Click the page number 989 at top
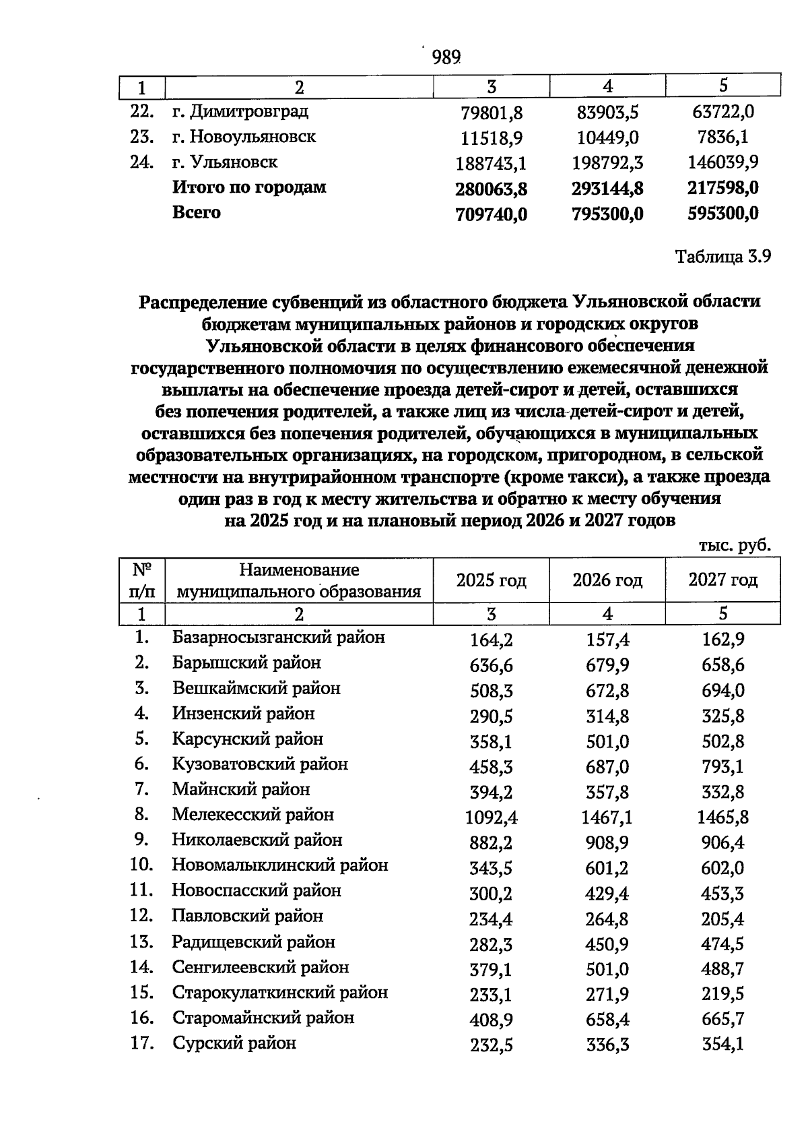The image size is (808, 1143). click(446, 57)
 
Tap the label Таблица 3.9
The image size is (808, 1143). click(722, 257)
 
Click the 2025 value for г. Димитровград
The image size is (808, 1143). click(492, 113)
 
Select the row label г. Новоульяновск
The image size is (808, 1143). click(244, 137)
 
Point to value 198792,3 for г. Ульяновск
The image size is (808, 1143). click(607, 163)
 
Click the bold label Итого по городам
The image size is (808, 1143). click(249, 187)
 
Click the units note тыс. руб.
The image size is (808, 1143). click(734, 545)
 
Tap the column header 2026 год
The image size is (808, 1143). click(607, 580)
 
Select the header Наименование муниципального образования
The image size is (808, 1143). click(299, 581)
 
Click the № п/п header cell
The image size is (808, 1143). click(141, 581)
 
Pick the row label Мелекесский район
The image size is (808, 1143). click(252, 815)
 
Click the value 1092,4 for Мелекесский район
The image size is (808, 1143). click(492, 817)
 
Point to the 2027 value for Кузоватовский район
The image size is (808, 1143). click(723, 767)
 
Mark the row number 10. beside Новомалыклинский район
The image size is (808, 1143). click(141, 865)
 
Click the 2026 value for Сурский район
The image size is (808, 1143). click(607, 1045)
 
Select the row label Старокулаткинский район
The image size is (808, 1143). click(279, 993)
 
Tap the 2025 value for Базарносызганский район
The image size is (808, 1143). click(492, 640)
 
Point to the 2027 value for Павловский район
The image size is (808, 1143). click(723, 919)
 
